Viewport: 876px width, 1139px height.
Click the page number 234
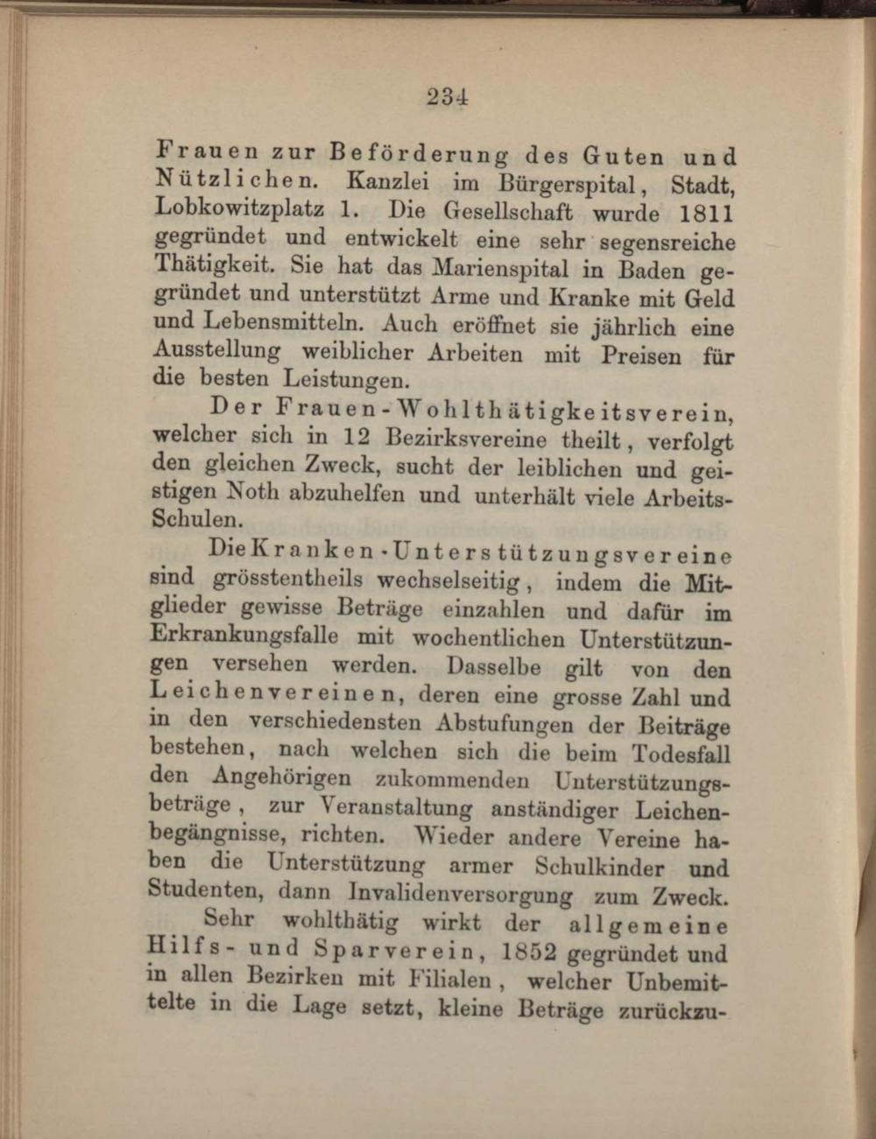[x=448, y=96]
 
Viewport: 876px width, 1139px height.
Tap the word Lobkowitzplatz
[x=239, y=209]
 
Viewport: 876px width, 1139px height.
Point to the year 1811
[x=706, y=214]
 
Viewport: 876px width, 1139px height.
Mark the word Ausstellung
[x=216, y=350]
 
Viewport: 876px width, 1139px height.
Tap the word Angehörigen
[x=281, y=777]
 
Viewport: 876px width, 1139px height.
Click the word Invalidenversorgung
[x=460, y=895]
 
